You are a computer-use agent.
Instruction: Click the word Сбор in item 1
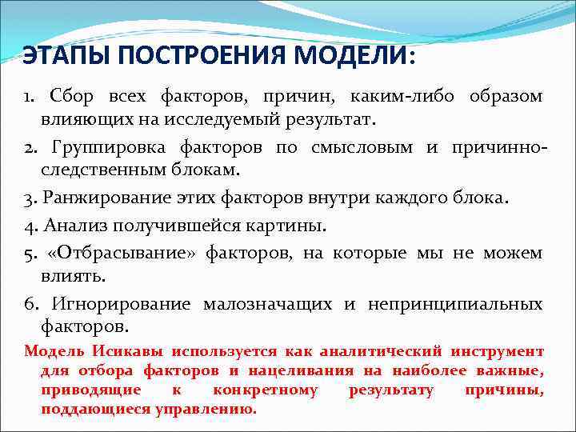(x=71, y=97)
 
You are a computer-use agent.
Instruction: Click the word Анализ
(x=68, y=226)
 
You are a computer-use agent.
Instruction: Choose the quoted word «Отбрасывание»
(x=122, y=254)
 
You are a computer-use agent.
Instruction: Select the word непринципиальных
(x=455, y=305)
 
